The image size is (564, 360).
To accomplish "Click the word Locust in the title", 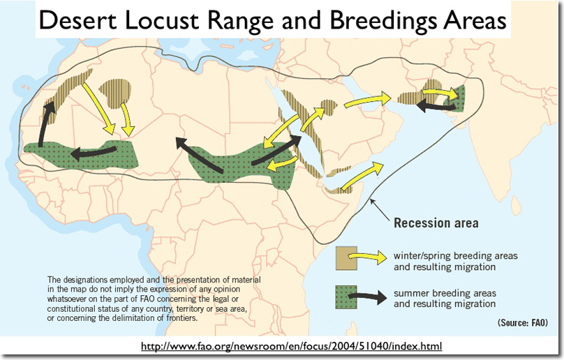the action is click(x=163, y=20).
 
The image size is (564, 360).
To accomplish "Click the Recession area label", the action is click(x=436, y=223).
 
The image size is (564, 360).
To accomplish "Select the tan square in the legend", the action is click(x=346, y=258).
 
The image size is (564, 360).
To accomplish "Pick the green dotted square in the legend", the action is click(x=346, y=297).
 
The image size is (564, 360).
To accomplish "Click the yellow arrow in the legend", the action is click(x=368, y=257).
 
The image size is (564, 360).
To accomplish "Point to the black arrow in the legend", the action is click(x=368, y=297).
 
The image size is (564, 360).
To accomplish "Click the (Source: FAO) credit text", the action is click(x=523, y=322).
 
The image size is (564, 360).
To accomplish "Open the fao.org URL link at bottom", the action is click(x=291, y=346).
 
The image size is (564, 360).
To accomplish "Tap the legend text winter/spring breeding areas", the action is click(x=455, y=256).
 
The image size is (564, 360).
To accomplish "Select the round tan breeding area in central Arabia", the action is click(x=329, y=107).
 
